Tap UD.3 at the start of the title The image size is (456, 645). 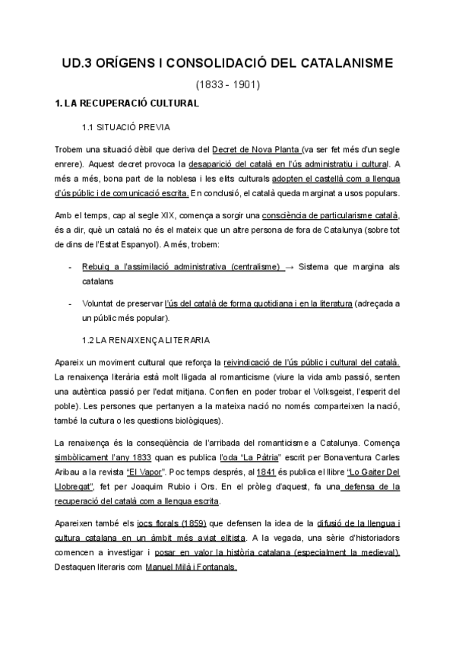(78, 65)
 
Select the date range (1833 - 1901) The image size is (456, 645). (228, 85)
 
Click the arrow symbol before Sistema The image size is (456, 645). (291, 267)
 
